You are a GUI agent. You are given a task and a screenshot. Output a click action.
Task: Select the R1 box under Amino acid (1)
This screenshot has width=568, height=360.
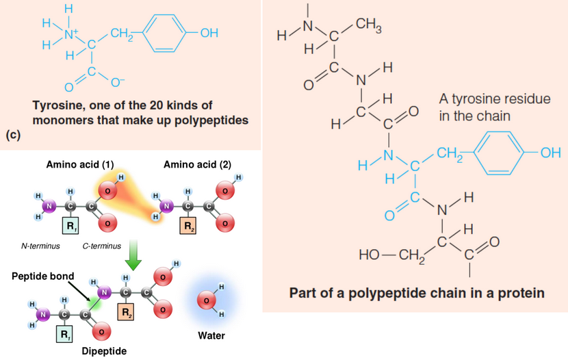[x=70, y=224]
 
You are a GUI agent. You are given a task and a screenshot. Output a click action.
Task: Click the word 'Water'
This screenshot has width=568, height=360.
[x=211, y=337]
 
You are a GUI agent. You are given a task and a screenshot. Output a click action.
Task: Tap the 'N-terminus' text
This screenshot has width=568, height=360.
[x=40, y=246]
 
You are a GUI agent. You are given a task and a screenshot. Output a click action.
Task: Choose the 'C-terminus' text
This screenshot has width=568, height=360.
[x=101, y=246]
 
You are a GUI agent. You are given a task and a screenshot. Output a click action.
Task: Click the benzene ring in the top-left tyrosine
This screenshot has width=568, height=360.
[x=162, y=33]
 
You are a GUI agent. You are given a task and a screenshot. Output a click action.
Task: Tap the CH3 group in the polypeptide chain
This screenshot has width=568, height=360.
[x=370, y=27]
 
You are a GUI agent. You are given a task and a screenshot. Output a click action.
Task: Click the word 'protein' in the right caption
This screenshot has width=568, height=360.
[x=521, y=294]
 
